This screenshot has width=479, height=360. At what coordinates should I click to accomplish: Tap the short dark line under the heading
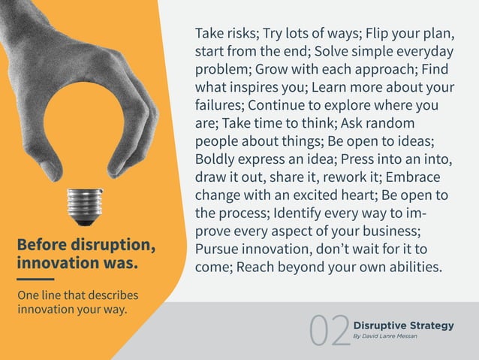pos(35,280)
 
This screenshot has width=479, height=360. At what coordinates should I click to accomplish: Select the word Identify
pos(293,214)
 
